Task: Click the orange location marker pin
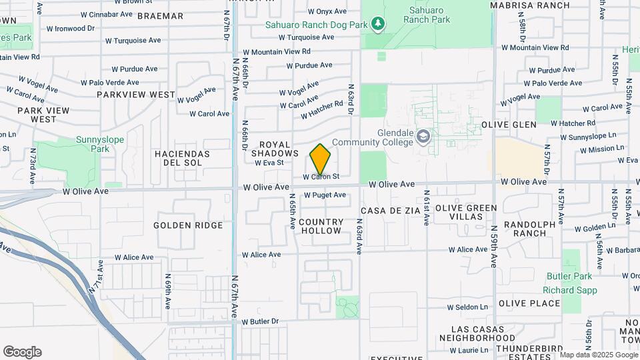click(321, 159)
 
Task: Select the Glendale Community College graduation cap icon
click(422, 137)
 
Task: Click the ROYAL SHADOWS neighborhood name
click(275, 149)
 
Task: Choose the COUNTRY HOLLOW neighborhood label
click(321, 226)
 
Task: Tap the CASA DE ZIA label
click(391, 210)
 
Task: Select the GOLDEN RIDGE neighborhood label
click(188, 225)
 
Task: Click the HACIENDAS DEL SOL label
click(182, 158)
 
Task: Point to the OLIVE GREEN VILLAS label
click(466, 212)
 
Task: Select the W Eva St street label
click(269, 162)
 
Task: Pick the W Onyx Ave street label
click(327, 11)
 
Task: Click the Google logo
click(22, 352)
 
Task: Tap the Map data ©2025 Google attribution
click(598, 355)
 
